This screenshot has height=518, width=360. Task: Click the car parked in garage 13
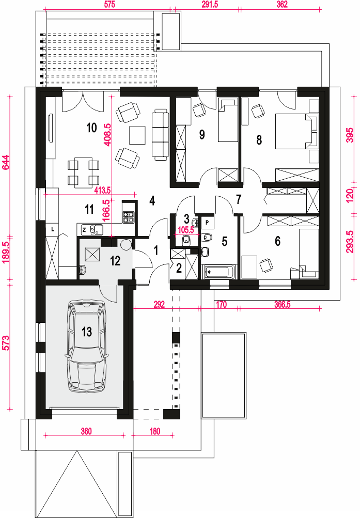pyautogui.click(x=87, y=346)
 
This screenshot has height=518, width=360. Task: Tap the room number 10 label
pyautogui.click(x=91, y=128)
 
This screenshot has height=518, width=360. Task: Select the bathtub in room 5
pyautogui.click(x=218, y=272)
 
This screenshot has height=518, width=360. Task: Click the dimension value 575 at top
pyautogui.click(x=109, y=5)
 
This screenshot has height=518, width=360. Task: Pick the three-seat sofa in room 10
pyautogui.click(x=160, y=135)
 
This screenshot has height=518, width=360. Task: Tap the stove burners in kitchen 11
pyautogui.click(x=129, y=217)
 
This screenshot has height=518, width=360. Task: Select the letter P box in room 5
pyautogui.click(x=207, y=222)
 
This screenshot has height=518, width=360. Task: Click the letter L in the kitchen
pyautogui.click(x=53, y=229)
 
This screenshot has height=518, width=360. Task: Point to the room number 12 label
pyautogui.click(x=115, y=261)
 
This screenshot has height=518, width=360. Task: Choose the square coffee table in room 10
pyautogui.click(x=137, y=135)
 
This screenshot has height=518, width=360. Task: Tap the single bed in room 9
pyautogui.click(x=228, y=120)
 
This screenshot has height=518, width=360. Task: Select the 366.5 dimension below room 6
pyautogui.click(x=283, y=304)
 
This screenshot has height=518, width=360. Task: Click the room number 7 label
pyautogui.click(x=239, y=199)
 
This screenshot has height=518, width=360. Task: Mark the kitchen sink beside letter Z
pyautogui.click(x=96, y=229)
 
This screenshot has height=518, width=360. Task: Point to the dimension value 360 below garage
pyautogui.click(x=86, y=431)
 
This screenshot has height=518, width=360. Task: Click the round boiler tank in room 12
pyautogui.click(x=126, y=244)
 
